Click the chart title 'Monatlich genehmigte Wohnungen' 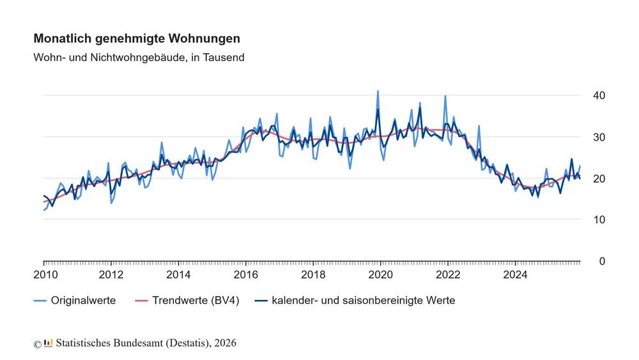coord(137,38)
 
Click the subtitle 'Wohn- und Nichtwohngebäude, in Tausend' coord(139,57)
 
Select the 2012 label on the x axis coord(111,275)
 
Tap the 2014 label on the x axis coord(178,275)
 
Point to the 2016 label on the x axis coord(246,275)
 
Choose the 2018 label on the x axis coord(313,275)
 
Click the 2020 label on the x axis coord(381,275)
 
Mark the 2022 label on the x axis coord(448,275)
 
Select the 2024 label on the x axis coord(515,275)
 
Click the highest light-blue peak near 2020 coord(378,91)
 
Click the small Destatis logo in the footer coord(49,343)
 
